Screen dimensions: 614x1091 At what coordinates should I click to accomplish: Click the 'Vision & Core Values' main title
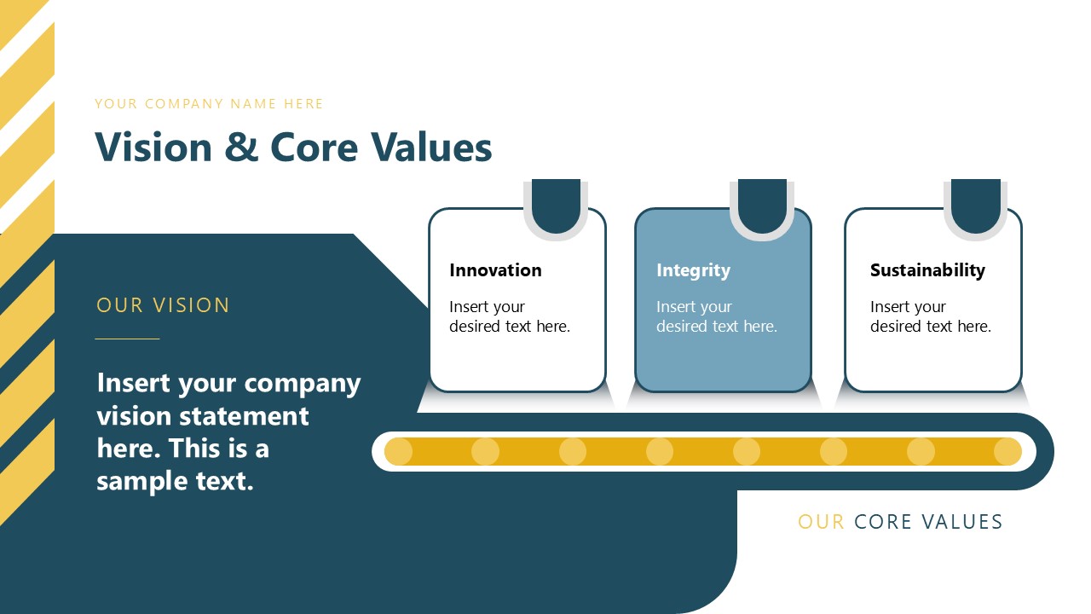[293, 147]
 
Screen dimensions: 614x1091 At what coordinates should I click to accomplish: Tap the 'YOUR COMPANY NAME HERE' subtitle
[209, 104]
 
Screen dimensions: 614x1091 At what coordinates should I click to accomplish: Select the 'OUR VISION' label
[163, 305]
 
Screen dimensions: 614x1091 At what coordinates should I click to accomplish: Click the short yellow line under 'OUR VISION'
[127, 339]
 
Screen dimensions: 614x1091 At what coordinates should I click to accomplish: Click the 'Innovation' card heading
[495, 270]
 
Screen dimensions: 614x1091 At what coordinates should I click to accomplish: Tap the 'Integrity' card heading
[693, 270]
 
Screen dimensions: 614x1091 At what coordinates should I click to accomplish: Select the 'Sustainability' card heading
[927, 270]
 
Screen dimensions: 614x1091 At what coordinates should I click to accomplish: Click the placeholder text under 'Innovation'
[510, 316]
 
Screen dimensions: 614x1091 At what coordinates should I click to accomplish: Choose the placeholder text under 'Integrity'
[716, 316]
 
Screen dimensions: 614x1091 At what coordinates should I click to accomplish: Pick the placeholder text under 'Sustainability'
[930, 316]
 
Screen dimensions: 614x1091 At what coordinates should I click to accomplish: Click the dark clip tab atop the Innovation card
[556, 205]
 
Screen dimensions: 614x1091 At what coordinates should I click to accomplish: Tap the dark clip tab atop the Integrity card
[762, 205]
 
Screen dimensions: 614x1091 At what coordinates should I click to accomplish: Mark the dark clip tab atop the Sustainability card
[975, 205]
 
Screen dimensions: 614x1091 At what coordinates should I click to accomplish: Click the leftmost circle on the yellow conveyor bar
[398, 451]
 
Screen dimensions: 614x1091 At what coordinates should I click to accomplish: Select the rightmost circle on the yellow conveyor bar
[1007, 451]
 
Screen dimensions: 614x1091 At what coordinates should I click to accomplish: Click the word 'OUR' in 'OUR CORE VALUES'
[821, 522]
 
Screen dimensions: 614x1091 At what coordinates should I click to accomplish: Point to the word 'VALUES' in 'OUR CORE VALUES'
[964, 522]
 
